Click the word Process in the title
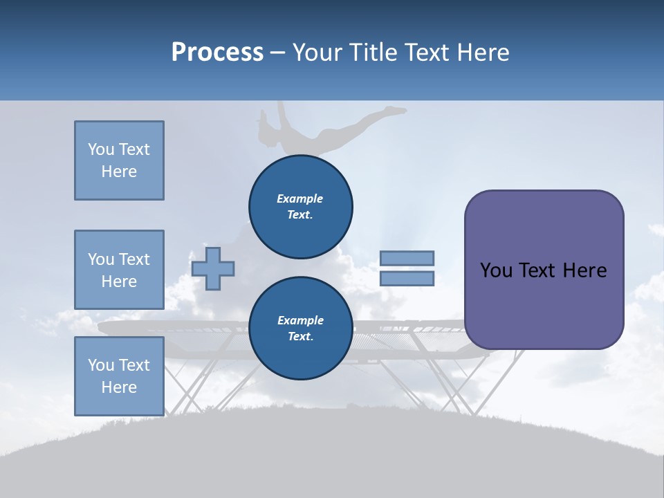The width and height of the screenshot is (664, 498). (217, 53)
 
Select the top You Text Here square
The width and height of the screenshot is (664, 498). (119, 160)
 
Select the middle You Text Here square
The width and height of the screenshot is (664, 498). (119, 270)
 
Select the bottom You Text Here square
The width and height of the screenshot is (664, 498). (119, 376)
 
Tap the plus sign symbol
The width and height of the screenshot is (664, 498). (213, 268)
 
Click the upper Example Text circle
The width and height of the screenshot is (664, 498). (300, 207)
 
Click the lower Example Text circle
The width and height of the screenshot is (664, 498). (300, 329)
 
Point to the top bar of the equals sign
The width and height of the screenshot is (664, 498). (407, 258)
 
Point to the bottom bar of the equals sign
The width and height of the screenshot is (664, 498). (407, 278)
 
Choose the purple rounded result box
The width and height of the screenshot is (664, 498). (544, 270)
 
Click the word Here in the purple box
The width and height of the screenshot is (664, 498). (584, 270)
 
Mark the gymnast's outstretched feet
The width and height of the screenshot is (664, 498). (397, 109)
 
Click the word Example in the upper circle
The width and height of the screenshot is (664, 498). (300, 199)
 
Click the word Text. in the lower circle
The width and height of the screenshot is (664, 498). (300, 337)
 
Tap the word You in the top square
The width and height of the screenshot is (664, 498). (100, 149)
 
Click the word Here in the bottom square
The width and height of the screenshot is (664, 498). (119, 387)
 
